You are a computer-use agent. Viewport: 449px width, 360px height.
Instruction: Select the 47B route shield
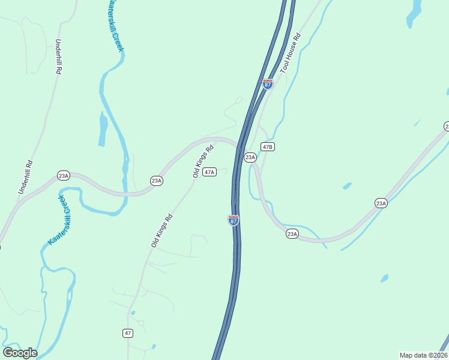click(268, 146)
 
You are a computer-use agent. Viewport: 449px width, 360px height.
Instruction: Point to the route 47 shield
click(128, 333)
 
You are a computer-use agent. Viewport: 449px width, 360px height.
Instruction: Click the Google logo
click(20, 353)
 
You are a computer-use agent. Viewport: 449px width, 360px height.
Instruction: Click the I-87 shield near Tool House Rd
click(268, 84)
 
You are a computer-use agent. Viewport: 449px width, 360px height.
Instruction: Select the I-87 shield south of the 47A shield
click(234, 220)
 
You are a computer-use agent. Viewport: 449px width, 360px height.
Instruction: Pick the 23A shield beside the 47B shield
click(250, 157)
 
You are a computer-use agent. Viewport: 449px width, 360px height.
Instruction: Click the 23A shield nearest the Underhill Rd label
click(64, 175)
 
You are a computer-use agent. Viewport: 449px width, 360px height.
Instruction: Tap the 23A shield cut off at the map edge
click(446, 126)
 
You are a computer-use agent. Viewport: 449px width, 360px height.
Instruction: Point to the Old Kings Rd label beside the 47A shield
click(203, 161)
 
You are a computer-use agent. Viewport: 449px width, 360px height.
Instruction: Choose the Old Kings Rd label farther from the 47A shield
click(162, 230)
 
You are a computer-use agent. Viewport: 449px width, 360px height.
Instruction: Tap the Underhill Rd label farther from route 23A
click(59, 56)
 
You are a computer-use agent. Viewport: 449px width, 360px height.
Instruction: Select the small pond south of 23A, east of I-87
click(384, 278)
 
